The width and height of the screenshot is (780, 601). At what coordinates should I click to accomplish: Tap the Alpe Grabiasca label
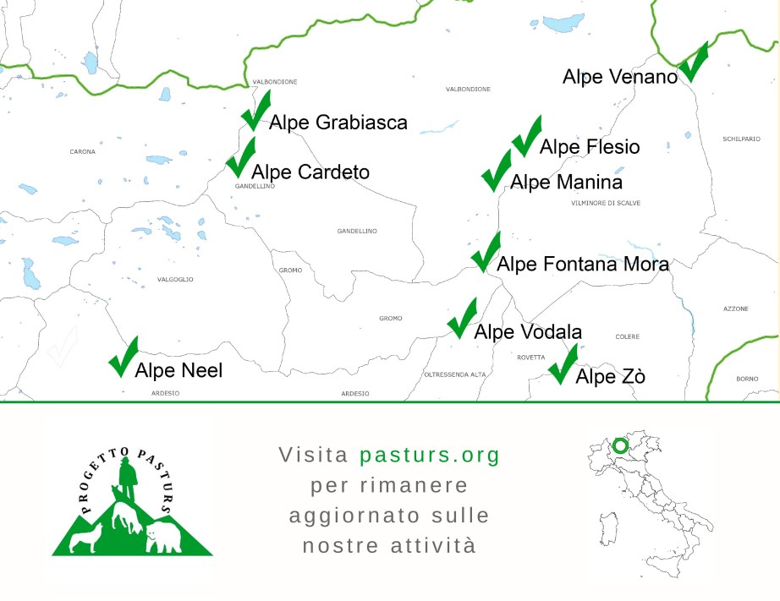point(338,123)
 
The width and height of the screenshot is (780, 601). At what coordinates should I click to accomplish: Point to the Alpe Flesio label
point(589,147)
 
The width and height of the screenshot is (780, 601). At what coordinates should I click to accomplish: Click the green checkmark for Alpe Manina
point(496,171)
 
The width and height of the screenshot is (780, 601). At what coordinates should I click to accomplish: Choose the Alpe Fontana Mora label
point(583,264)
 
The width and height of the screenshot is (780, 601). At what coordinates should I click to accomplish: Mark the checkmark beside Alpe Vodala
point(462,318)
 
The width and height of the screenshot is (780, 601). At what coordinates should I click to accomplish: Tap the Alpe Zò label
point(610,376)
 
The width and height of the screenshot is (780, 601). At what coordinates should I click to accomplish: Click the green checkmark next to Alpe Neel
point(123,357)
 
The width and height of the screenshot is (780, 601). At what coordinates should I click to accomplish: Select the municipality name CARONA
point(82,152)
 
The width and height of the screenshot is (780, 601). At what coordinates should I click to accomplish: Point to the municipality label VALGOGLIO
point(175,279)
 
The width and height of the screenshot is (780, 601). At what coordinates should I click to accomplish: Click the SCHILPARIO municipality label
point(741,139)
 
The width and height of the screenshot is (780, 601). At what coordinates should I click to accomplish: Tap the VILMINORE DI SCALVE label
point(606,204)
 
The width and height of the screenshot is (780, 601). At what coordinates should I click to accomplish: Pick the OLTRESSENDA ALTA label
point(454,374)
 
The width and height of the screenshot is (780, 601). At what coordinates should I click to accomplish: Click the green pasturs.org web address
point(430,455)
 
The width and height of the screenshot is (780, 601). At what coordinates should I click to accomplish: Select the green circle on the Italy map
point(620,445)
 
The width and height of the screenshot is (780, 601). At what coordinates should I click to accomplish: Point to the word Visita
point(313,455)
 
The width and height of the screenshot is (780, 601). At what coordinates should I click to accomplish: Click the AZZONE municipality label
point(735,309)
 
